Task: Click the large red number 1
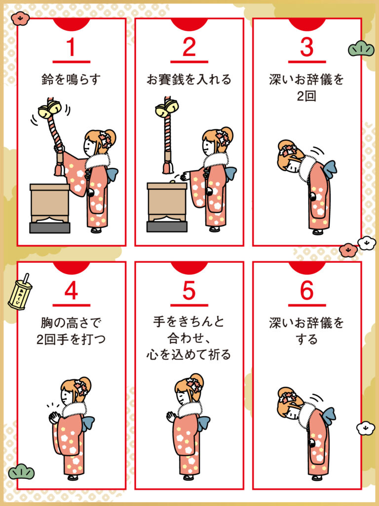pos(71,47)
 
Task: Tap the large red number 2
pos(189,47)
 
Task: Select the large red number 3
pos(306,47)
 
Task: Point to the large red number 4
pos(71,291)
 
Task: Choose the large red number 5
pos(189,291)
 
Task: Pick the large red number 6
pos(306,291)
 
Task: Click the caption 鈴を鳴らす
pos(71,79)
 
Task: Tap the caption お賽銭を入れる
pos(189,79)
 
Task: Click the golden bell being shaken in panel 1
pos(50,109)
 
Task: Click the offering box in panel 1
pos(50,208)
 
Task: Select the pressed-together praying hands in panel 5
pos(171,417)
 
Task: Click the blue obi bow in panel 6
pos(329,416)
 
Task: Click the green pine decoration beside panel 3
pos(361,49)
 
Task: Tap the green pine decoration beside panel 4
pos(21,472)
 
